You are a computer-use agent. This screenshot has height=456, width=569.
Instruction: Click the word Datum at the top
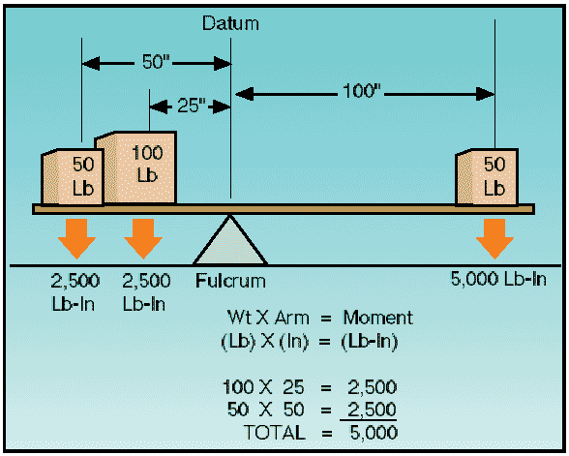(230, 23)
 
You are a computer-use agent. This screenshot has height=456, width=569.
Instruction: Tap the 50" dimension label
(156, 62)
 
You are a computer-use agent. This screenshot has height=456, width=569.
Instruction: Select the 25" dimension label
(192, 106)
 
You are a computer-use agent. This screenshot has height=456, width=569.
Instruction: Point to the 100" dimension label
(362, 91)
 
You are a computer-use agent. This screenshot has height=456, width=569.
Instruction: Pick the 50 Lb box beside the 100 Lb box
(73, 177)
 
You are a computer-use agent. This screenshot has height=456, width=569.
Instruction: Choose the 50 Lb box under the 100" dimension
(487, 177)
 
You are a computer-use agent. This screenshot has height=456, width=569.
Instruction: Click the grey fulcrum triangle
(230, 244)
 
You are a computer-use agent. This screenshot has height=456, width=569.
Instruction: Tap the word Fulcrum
(230, 282)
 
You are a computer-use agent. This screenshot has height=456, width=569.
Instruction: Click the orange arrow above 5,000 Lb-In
(494, 238)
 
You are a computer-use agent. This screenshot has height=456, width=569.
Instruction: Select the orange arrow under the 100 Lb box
(143, 238)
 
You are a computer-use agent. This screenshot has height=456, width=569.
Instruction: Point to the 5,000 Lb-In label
(498, 279)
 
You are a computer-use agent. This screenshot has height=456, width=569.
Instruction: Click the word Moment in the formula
(377, 318)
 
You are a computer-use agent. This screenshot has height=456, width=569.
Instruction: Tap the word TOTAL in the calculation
(275, 433)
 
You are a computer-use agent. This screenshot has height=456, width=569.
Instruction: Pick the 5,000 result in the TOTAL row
(374, 433)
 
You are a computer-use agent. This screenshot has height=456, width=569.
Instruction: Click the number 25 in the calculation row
(293, 387)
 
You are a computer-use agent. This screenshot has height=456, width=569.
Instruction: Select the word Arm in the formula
(292, 318)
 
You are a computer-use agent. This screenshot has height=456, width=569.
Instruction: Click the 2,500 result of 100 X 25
(372, 387)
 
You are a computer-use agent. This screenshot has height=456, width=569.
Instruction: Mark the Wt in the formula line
(239, 318)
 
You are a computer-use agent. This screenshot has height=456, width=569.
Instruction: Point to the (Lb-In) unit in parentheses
(369, 342)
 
